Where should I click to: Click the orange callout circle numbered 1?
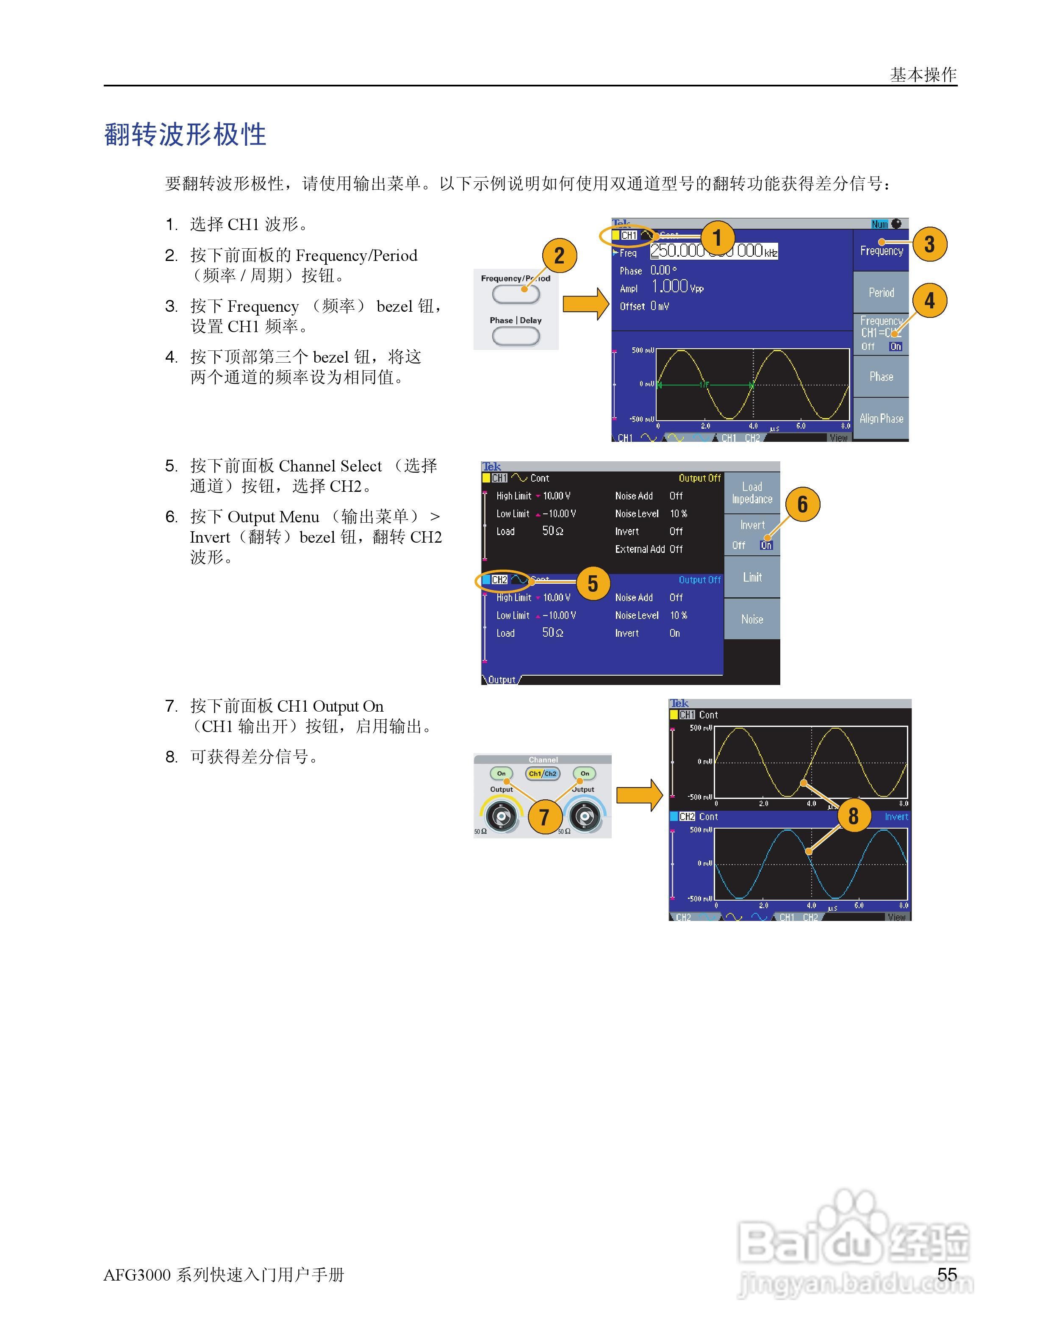(x=716, y=238)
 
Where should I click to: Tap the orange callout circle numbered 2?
(x=559, y=255)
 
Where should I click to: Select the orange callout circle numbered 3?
(x=929, y=244)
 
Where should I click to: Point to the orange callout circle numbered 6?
(x=802, y=505)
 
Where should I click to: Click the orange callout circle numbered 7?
(x=544, y=817)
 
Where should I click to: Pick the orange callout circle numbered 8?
(x=853, y=815)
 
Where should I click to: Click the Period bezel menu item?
(x=881, y=292)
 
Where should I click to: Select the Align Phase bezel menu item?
(x=881, y=419)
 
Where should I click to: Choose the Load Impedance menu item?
(x=752, y=493)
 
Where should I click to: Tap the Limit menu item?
(x=752, y=577)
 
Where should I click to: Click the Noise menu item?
(x=752, y=619)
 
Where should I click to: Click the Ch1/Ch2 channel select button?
(x=543, y=774)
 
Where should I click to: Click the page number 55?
(x=947, y=1275)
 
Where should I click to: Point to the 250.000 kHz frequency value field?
(x=714, y=251)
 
